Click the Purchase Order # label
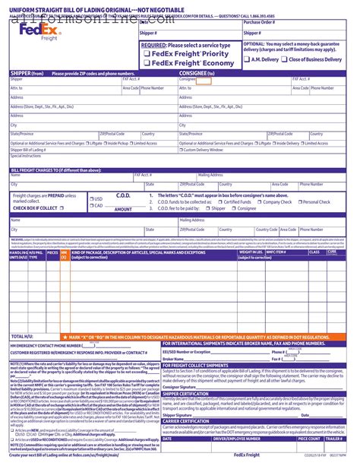pyautogui.click(x=260, y=23)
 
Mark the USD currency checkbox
pyautogui.click(x=90, y=198)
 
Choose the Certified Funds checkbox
pyautogui.click(x=219, y=202)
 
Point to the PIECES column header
pyautogui.click(x=52, y=252)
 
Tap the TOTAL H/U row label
pyautogui.click(x=22, y=314)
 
